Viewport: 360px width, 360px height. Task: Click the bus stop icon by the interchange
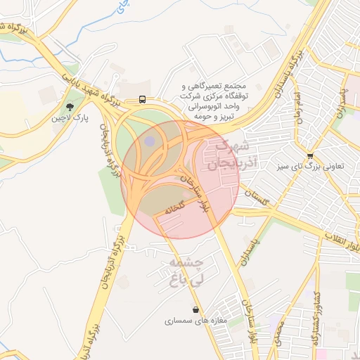(143, 99)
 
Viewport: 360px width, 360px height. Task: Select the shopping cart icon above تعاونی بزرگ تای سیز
(310, 155)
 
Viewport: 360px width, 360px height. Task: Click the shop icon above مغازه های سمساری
(195, 309)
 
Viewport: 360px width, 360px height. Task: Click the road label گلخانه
(174, 207)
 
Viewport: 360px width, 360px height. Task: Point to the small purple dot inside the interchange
(150, 141)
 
